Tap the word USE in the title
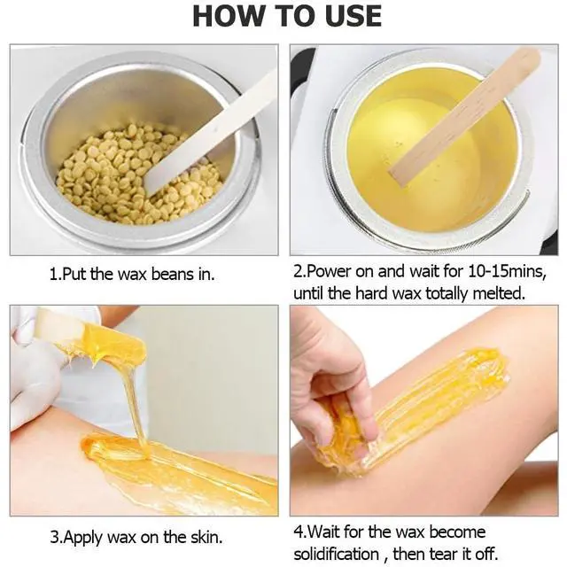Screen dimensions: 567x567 [349, 15]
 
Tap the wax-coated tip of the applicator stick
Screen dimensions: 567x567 [111, 346]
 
